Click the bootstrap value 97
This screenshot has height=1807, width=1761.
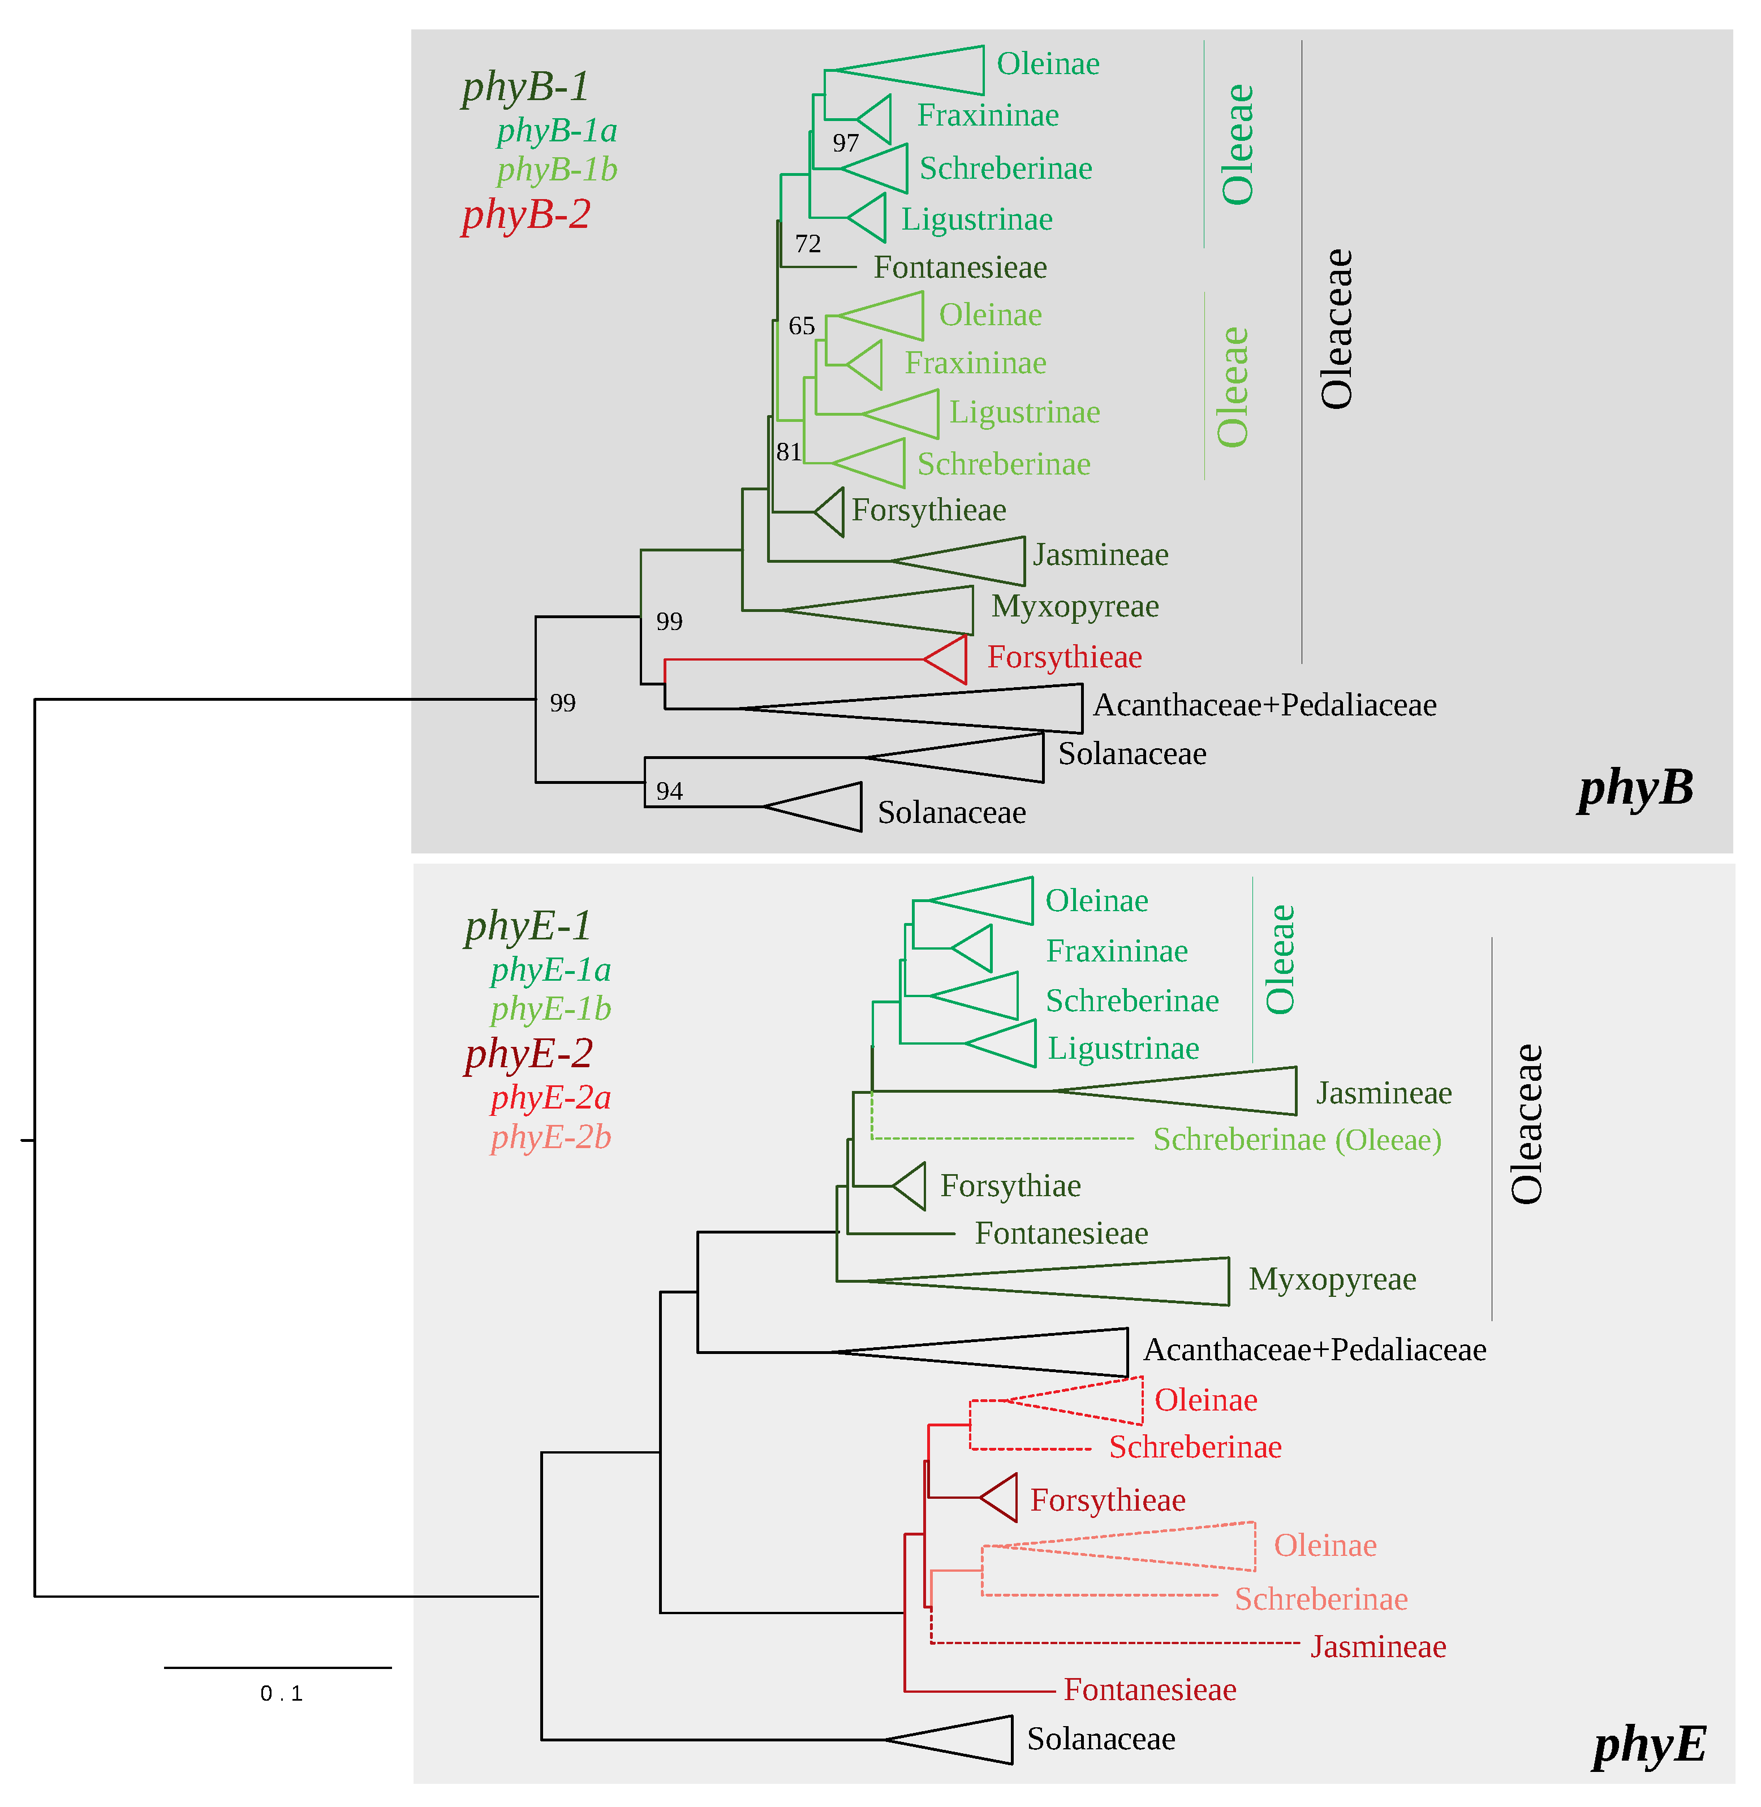click(x=845, y=143)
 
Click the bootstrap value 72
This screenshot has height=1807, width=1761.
click(x=807, y=244)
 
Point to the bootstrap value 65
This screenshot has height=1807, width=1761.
click(x=801, y=326)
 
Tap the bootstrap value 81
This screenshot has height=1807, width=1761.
click(x=788, y=452)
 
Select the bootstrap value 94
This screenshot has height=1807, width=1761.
click(x=669, y=792)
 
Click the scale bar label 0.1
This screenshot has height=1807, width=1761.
click(x=281, y=1693)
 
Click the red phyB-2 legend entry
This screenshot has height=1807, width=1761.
click(x=526, y=214)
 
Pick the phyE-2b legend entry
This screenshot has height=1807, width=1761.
click(x=550, y=1137)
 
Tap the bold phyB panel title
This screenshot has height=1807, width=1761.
click(x=1635, y=788)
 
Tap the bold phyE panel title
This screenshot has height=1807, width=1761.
click(x=1649, y=1745)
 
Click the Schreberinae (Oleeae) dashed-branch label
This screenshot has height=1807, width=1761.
click(x=1297, y=1139)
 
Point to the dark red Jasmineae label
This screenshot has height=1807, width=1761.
click(x=1377, y=1647)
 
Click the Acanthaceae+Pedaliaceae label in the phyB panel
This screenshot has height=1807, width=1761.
click(x=1264, y=706)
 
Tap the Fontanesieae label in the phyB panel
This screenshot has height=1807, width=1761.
click(x=960, y=268)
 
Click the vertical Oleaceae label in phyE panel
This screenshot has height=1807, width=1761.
click(x=1526, y=1124)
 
